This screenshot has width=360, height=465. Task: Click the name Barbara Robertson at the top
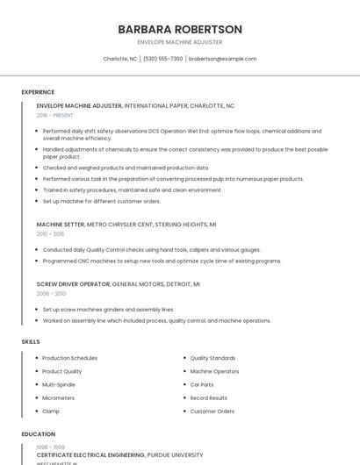pyautogui.click(x=180, y=29)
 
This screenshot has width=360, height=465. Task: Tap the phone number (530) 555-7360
pyautogui.click(x=163, y=59)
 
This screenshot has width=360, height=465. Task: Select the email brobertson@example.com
pyautogui.click(x=223, y=59)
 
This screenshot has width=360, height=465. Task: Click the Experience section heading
pyautogui.click(x=38, y=92)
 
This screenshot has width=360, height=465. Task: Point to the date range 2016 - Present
pyautogui.click(x=54, y=115)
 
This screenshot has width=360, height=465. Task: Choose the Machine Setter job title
pyautogui.click(x=61, y=225)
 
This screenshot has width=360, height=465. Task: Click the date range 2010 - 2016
pyautogui.click(x=50, y=234)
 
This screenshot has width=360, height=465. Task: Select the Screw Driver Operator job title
pyautogui.click(x=73, y=284)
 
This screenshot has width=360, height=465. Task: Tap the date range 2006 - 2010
pyautogui.click(x=50, y=294)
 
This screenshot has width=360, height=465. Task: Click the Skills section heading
pyautogui.click(x=30, y=341)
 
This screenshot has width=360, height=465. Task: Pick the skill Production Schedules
pyautogui.click(x=69, y=358)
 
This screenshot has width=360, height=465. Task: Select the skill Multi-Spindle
pyautogui.click(x=60, y=384)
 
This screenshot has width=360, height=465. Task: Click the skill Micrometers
pyautogui.click(x=59, y=397)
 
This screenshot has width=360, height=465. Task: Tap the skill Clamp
pyautogui.click(x=51, y=411)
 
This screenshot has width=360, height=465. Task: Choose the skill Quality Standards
pyautogui.click(x=212, y=358)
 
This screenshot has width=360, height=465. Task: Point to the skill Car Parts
pyautogui.click(x=202, y=384)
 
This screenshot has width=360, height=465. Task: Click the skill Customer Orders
pyautogui.click(x=212, y=411)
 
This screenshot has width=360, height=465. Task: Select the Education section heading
pyautogui.click(x=39, y=434)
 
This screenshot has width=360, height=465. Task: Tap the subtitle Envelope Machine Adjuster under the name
pyautogui.click(x=180, y=42)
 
